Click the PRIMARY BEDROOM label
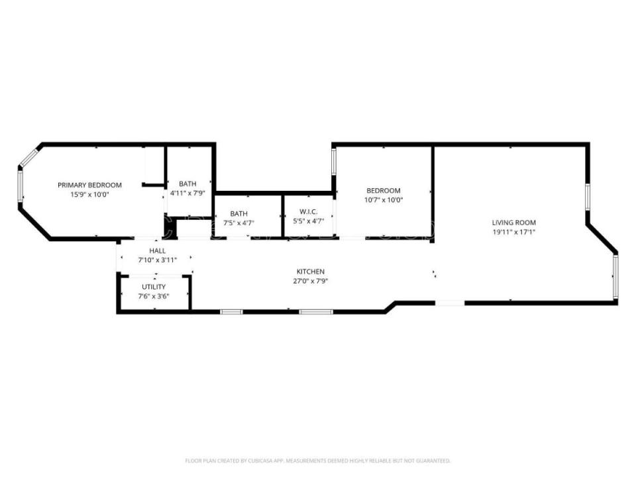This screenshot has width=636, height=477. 89,185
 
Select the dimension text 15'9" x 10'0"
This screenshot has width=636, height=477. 89,195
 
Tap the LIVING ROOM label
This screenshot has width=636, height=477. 513,223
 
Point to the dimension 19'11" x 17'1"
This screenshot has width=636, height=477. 513,233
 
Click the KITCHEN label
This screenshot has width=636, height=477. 310,272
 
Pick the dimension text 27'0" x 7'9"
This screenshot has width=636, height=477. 310,281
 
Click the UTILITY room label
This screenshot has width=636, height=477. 154,286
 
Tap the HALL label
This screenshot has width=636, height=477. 157,250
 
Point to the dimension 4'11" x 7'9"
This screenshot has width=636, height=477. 187,193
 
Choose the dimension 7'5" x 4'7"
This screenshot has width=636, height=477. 238,223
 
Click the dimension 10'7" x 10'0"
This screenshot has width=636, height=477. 384,200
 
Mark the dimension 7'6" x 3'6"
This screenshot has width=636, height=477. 154,296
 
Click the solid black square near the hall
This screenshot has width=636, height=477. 170,229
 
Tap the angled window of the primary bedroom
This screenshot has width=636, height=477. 28,157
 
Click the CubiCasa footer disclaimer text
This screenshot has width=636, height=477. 317,460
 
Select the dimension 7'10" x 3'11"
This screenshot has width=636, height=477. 157,260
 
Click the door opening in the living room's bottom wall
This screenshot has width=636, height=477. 450,303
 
